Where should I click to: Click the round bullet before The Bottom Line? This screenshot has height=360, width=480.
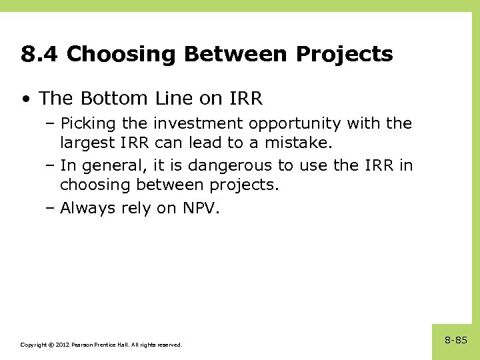pos(25,99)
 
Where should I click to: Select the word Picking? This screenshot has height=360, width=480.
pos(85,123)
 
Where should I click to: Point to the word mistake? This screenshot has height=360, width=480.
pos(300,142)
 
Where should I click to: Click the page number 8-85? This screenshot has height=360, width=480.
pos(456,340)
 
